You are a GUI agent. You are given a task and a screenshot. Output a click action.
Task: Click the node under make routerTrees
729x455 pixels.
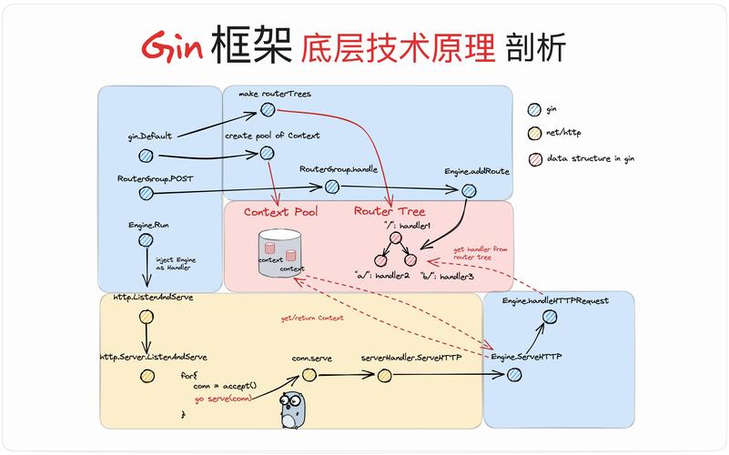coord(268,110)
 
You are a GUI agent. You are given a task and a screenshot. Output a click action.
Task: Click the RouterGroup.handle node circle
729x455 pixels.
coord(332,187)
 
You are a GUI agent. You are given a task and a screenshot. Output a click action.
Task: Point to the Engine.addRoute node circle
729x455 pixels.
coord(469,190)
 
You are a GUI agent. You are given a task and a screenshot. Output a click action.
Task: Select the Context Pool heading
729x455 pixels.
coord(281,213)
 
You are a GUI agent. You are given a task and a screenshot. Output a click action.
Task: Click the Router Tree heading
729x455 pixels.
coord(389,213)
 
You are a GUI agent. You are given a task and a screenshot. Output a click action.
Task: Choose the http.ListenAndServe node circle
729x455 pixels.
coord(146,317)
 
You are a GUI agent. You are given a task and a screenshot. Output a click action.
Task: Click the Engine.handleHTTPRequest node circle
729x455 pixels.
coord(549,317)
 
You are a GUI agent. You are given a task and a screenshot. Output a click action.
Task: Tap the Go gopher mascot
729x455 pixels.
coord(292,412)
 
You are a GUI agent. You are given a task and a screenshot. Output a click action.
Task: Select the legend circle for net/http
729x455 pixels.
coord(534,134)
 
